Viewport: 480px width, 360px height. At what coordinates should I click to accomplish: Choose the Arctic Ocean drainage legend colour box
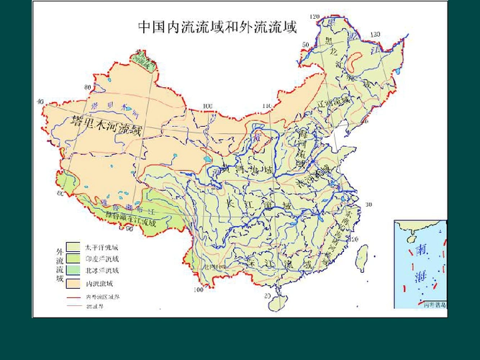point(73,271)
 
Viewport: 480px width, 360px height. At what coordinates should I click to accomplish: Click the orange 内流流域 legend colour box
point(73,283)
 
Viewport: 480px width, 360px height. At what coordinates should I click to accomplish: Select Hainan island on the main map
point(276,300)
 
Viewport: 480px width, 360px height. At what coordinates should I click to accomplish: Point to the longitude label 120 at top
point(314,17)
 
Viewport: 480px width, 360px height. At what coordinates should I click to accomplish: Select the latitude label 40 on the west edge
point(40,102)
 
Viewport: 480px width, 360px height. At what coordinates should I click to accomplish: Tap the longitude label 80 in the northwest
point(87,88)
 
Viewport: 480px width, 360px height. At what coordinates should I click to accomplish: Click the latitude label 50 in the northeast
point(304,45)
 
